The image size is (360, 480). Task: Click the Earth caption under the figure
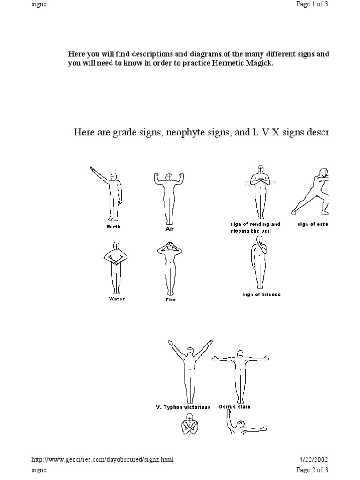(x=113, y=226)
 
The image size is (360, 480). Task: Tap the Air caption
(x=170, y=229)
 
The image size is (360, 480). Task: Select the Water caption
(x=117, y=299)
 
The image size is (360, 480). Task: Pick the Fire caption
(x=171, y=300)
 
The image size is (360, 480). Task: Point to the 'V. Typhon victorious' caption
(x=183, y=407)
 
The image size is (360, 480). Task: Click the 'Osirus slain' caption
(x=234, y=407)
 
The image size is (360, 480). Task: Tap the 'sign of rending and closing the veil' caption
(x=255, y=227)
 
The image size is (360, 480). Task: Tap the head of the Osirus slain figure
(x=240, y=355)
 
